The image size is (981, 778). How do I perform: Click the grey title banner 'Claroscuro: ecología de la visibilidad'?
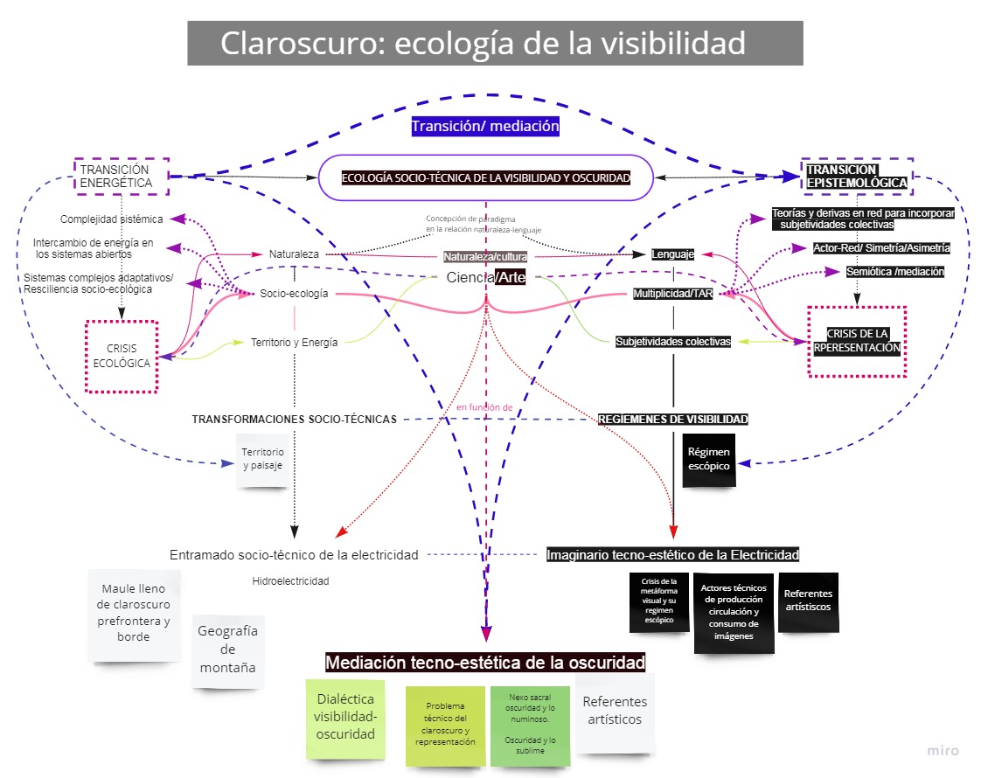[x=495, y=43]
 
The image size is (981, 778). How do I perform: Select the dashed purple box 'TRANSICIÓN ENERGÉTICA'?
[x=121, y=177]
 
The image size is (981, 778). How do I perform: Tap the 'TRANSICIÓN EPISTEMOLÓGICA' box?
[x=857, y=177]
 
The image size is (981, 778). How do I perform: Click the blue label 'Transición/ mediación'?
[x=485, y=126]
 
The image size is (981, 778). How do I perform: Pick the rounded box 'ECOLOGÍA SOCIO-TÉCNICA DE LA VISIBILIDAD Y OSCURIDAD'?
[x=485, y=177]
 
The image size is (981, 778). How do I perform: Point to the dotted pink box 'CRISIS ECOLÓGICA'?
[x=121, y=356]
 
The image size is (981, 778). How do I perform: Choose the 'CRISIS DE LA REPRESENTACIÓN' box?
[x=857, y=341]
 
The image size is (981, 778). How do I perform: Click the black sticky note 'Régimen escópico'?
[x=709, y=460]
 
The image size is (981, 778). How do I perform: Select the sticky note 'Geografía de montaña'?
[x=227, y=649]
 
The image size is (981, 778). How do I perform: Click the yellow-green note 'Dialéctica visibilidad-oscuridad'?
[x=345, y=717]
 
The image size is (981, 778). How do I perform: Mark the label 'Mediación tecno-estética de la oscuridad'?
[x=485, y=663]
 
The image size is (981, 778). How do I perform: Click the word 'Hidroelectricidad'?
[x=290, y=580]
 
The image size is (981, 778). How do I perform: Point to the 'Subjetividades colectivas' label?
[x=672, y=342]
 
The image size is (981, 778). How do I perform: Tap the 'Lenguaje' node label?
[x=673, y=254]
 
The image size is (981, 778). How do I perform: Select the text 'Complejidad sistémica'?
[x=111, y=219]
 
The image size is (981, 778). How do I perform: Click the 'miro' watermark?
[x=943, y=750]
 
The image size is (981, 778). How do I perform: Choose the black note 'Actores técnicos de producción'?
[x=734, y=612]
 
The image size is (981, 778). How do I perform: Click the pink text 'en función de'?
[x=484, y=407]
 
